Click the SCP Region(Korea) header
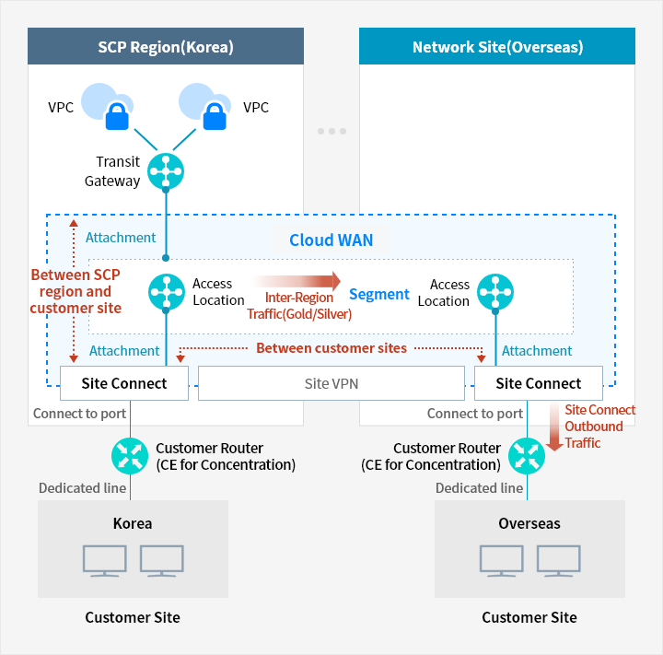tap(166, 46)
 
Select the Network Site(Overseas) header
tap(497, 46)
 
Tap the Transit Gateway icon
tap(166, 171)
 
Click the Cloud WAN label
tap(331, 240)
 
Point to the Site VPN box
tap(331, 383)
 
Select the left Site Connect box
tap(124, 383)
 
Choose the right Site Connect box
tap(539, 383)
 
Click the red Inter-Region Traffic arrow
tap(297, 280)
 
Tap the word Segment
tap(378, 295)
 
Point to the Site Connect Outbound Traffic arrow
tap(554, 430)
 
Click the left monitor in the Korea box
tap(104, 560)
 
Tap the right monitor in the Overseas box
tap(558, 560)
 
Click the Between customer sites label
tap(331, 348)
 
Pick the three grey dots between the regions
tap(331, 131)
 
